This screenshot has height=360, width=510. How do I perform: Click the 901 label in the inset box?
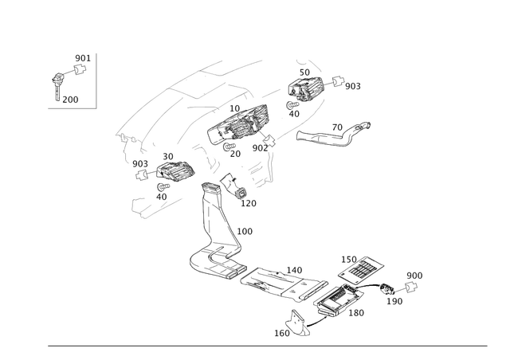pyautogui.click(x=82, y=58)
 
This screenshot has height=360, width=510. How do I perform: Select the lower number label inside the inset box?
pyautogui.click(x=70, y=100)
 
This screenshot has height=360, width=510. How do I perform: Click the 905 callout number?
pyautogui.click(x=352, y=84)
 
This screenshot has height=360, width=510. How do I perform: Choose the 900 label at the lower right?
pyautogui.click(x=414, y=276)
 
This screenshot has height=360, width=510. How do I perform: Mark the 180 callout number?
pyautogui.click(x=245, y=231)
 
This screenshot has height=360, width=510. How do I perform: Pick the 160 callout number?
pyautogui.click(x=358, y=313)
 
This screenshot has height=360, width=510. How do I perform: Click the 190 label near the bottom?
pyautogui.click(x=281, y=333)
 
